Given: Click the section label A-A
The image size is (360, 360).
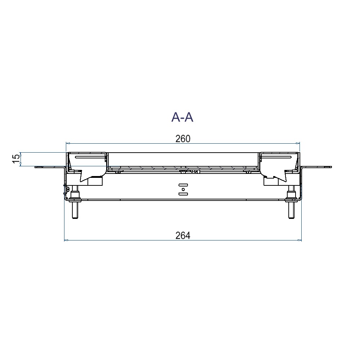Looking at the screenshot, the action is point(182,117).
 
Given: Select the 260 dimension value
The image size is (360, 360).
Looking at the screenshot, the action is point(183,139).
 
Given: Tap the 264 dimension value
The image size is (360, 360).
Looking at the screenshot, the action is point(183,235).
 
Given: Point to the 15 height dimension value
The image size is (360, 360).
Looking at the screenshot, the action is point(16,159).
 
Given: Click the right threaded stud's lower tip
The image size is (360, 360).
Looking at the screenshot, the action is point(291,218).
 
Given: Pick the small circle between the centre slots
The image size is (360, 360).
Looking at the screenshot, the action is point(183,189).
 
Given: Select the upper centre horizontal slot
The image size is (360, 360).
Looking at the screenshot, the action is point(183,185).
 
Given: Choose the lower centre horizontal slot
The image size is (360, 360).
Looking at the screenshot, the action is point(183,194).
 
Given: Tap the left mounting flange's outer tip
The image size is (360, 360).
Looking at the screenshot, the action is point(35,167).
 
